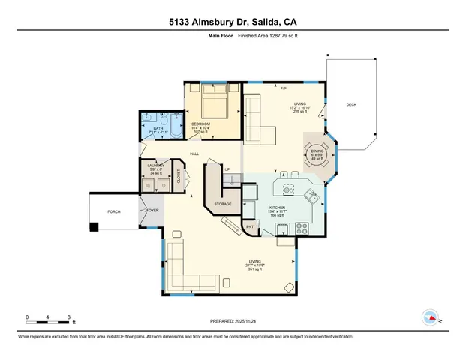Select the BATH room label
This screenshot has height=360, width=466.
click(158, 128)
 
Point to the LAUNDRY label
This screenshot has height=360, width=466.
click(155, 164)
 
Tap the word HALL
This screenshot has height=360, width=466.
click(194, 154)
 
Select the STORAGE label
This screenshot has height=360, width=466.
click(222, 204)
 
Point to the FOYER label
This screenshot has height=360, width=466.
click(152, 211)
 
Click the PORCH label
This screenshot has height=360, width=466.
click(114, 211)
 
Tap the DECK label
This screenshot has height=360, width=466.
click(350, 104)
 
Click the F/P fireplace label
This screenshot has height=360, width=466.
click(284, 89)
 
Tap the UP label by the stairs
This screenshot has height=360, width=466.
click(227, 169)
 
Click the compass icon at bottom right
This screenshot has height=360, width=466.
click(431, 316)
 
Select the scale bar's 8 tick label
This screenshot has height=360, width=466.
click(69, 316)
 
